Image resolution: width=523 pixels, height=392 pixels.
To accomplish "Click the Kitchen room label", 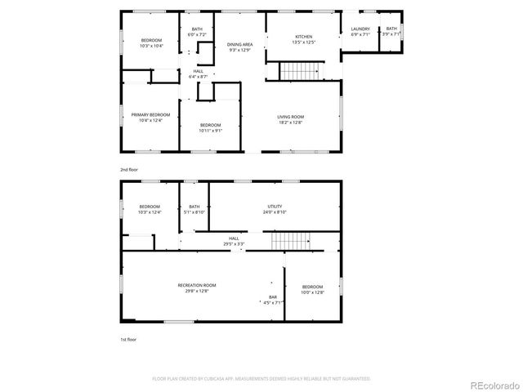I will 303,37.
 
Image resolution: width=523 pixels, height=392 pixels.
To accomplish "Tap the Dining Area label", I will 239,44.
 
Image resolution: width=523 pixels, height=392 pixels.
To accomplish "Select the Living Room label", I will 290,117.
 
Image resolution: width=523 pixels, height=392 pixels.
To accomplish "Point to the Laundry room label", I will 360,29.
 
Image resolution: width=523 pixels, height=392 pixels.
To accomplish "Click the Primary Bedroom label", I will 150,114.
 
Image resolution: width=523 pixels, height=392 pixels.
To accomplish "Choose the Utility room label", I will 275,207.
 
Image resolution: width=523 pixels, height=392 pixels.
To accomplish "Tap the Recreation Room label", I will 196,284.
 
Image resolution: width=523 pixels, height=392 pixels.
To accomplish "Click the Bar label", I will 272,296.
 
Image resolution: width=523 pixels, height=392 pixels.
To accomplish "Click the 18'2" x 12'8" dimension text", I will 290,122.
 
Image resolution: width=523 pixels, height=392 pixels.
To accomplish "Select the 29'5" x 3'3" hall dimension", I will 235,244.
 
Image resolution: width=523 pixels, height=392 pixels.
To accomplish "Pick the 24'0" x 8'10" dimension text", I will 275,212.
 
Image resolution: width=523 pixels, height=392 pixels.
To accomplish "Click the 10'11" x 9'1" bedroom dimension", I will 211,130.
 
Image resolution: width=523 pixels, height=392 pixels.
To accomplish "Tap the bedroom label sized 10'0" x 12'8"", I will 312,287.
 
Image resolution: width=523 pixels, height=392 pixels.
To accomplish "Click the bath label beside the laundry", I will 391,29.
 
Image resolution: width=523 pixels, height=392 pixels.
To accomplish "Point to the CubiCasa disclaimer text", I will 261,378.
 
